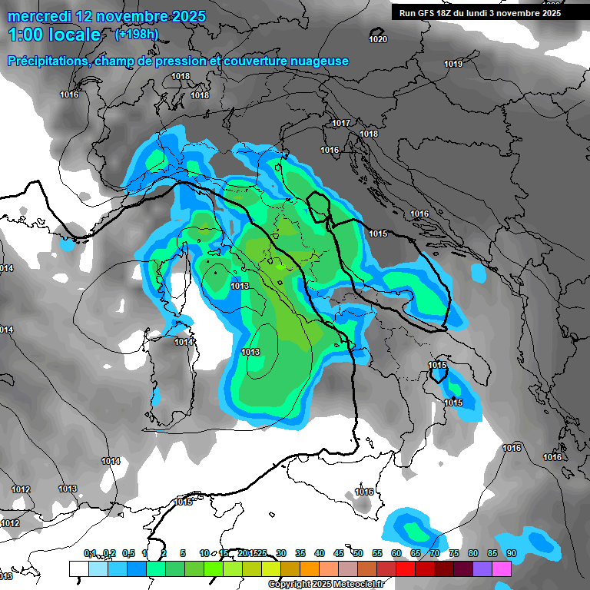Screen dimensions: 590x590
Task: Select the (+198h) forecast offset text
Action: point(136,34)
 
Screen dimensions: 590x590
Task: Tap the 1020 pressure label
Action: point(378,39)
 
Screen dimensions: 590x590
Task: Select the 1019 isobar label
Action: point(453,64)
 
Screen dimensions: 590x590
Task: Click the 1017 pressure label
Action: point(342,124)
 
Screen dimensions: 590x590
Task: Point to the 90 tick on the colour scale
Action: point(511,553)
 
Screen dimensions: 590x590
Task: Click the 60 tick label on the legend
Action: point(396,553)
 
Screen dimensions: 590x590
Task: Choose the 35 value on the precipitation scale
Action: point(300,553)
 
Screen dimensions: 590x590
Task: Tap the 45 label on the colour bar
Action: point(339,553)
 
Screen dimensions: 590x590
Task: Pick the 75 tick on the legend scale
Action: point(454,553)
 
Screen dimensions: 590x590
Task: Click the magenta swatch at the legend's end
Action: point(502,568)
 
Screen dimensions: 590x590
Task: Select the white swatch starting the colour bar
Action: point(78,568)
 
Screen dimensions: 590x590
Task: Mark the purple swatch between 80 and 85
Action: point(482,568)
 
